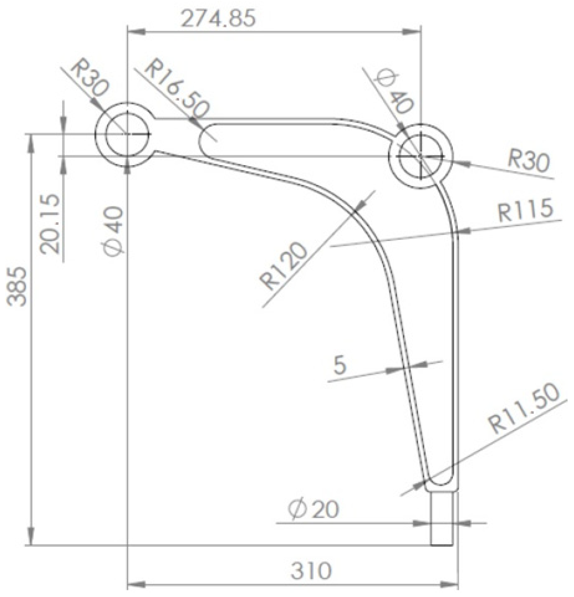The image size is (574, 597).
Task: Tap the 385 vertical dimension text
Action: coord(17,286)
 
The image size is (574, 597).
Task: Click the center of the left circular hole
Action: coord(127,134)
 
